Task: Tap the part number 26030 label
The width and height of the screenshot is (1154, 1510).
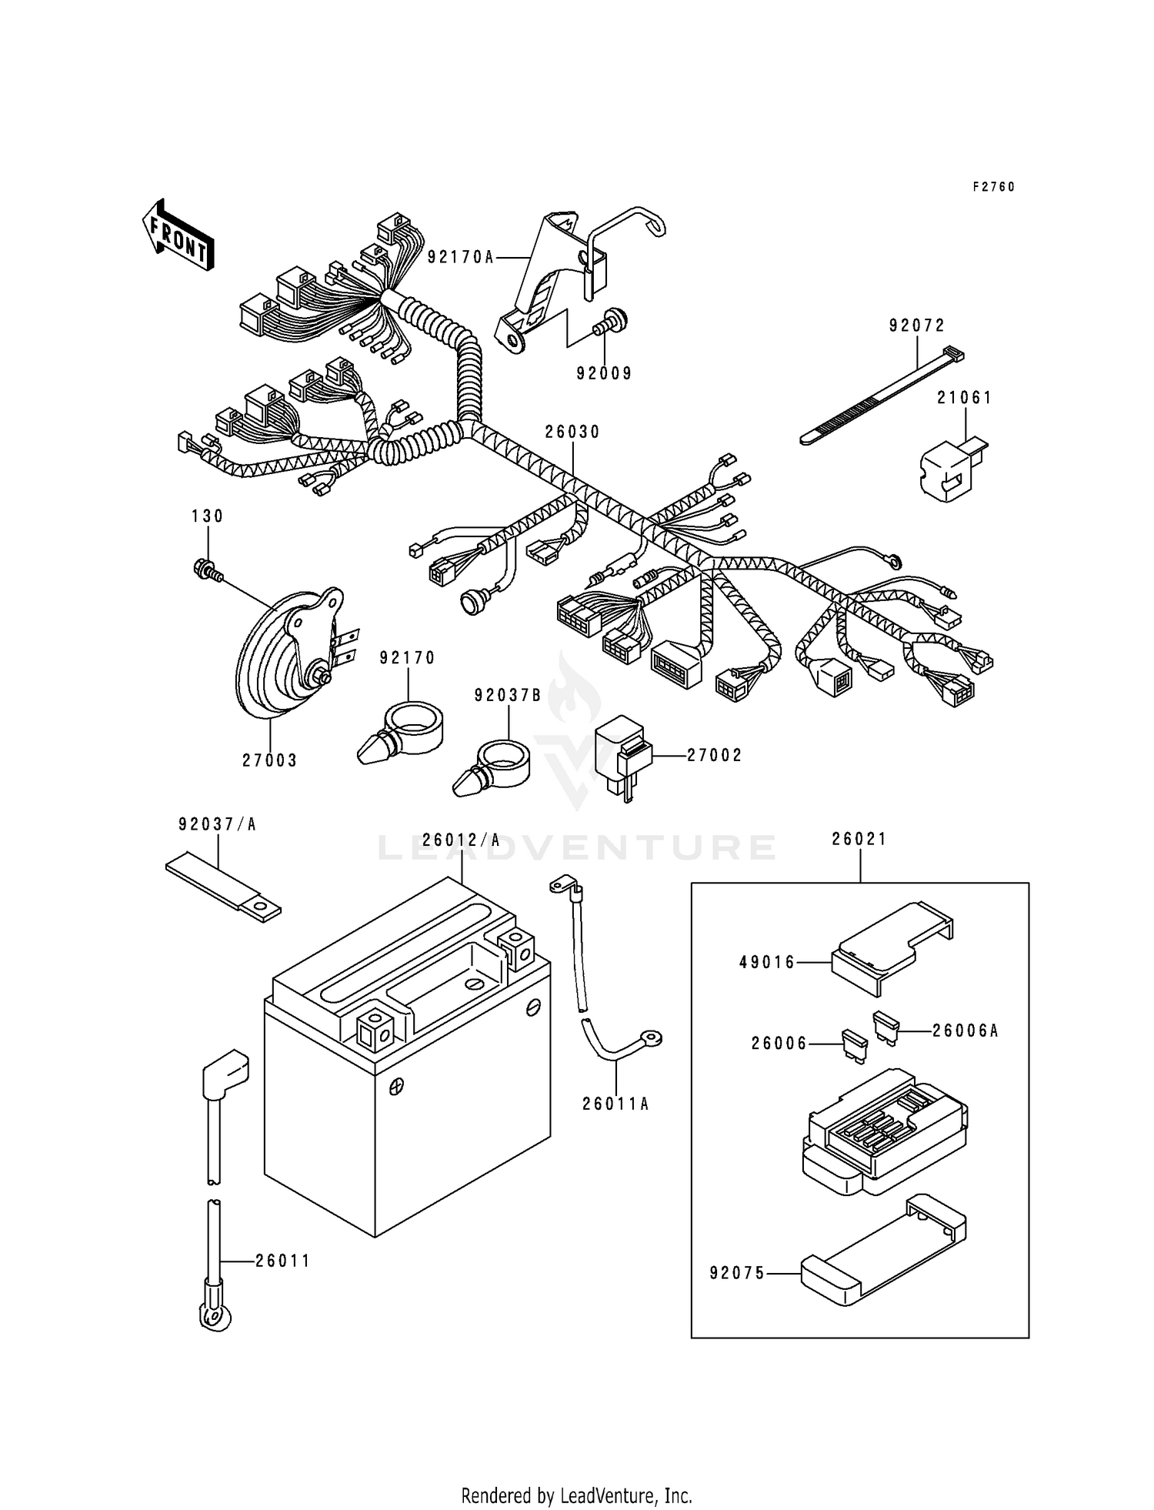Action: [572, 433]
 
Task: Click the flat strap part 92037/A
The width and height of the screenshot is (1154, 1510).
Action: [223, 889]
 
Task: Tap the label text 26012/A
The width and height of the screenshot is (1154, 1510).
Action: [461, 840]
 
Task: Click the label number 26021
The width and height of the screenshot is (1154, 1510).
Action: [859, 840]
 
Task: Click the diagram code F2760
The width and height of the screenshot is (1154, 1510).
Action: [993, 187]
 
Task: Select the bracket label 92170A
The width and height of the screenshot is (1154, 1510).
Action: [461, 257]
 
